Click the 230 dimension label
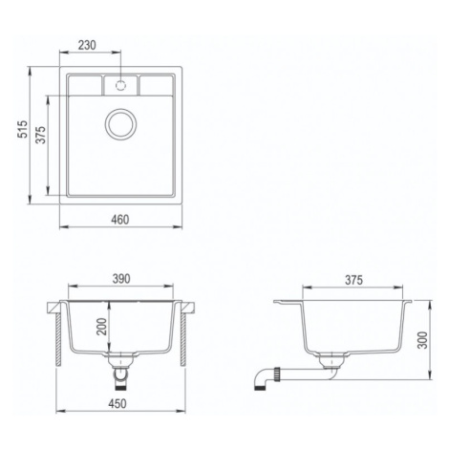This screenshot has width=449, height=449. pyautogui.click(x=87, y=45)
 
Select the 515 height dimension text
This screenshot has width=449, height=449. pyautogui.click(x=23, y=129)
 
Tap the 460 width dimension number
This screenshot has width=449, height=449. pyautogui.click(x=120, y=220)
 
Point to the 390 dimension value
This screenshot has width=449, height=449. pyautogui.click(x=121, y=279)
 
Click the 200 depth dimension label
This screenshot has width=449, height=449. pyautogui.click(x=102, y=327)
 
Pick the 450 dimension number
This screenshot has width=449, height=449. pyautogui.click(x=118, y=403)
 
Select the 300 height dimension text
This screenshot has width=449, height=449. pyautogui.click(x=423, y=340)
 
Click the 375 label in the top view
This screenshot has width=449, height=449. pyautogui.click(x=40, y=135)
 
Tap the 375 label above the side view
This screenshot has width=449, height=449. pyautogui.click(x=353, y=280)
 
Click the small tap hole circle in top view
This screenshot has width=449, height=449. pyautogui.click(x=120, y=85)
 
